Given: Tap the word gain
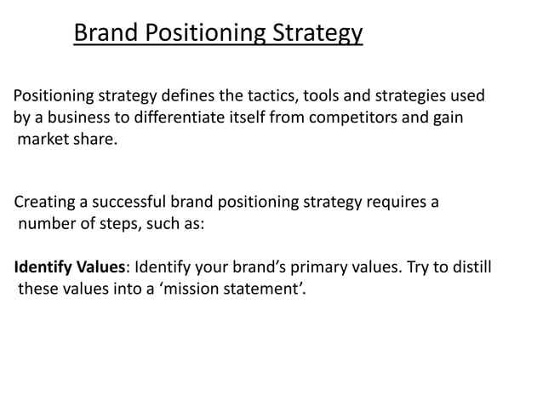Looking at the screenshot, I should pyautogui.click(x=447, y=118).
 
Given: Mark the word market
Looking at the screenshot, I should pyautogui.click(x=43, y=139).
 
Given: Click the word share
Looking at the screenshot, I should pyautogui.click(x=94, y=139).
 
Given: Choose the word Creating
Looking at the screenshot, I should pyautogui.click(x=45, y=203).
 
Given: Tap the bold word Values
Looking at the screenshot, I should pyautogui.click(x=100, y=267).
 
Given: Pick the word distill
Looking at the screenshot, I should pyautogui.click(x=468, y=267).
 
